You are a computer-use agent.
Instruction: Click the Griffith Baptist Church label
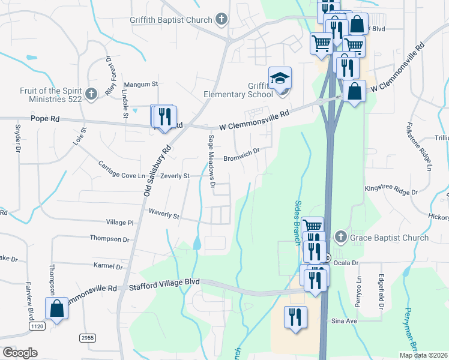tap(171, 19)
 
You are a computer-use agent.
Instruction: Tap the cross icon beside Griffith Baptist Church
tap(221, 19)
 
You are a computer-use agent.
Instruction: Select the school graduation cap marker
tap(280, 78)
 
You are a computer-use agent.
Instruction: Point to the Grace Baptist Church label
tap(390, 238)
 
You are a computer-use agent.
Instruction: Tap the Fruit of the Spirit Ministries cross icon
tap(91, 94)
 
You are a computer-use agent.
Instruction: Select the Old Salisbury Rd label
tap(158, 171)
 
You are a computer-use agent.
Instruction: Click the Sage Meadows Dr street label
tap(211, 161)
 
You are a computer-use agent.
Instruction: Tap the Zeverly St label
tap(175, 176)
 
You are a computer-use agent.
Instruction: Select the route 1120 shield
tap(37, 325)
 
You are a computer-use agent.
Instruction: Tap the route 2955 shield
tap(88, 338)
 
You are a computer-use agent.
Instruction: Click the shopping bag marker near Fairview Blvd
tap(56, 309)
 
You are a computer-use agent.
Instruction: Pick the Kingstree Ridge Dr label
tap(391, 190)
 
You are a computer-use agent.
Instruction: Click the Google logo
tap(20, 353)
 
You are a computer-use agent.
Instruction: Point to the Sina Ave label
tap(345, 321)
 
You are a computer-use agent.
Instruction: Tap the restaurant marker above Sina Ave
tap(295, 316)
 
